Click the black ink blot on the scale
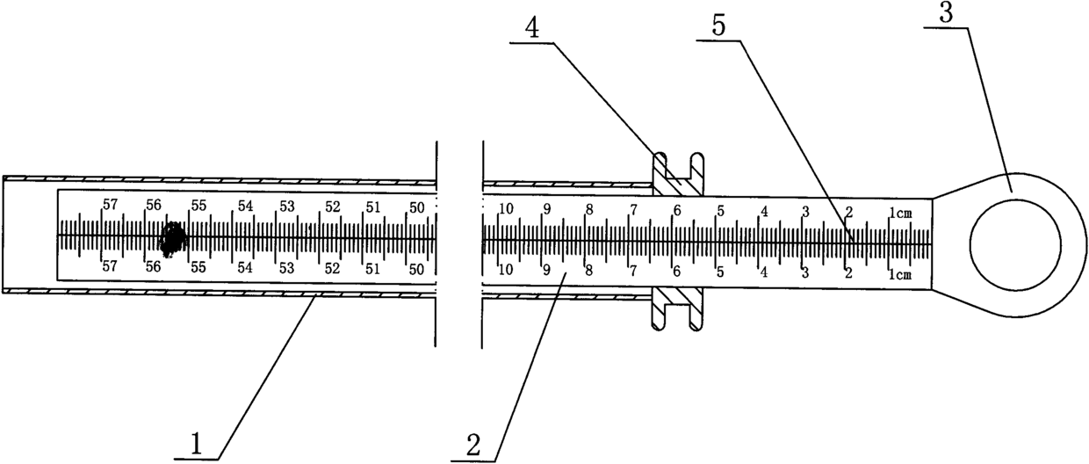[173, 236]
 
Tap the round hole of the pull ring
[1015, 243]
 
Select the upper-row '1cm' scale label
[902, 212]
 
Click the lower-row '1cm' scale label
[902, 274]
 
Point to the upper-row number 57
[110, 205]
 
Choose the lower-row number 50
[417, 268]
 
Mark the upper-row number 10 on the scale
[505, 209]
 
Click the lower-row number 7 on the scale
[632, 271]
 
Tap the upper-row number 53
[286, 207]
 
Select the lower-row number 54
[245, 267]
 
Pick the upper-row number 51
[373, 207]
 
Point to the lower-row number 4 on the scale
[764, 272]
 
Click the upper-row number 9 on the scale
[546, 209]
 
